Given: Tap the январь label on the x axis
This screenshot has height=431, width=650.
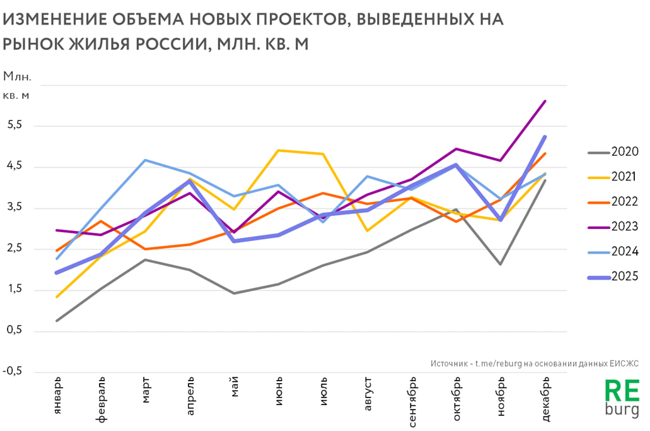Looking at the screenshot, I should [58, 394].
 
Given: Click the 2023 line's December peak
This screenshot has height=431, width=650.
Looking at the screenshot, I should [545, 101].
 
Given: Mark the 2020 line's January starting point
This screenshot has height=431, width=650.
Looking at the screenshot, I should [57, 321].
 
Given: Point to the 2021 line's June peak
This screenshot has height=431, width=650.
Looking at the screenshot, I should [279, 150].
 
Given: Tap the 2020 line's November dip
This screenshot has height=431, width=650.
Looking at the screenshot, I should [501, 264].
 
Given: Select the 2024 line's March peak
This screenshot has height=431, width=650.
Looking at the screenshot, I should [146, 160].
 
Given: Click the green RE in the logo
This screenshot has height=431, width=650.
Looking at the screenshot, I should [622, 391].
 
